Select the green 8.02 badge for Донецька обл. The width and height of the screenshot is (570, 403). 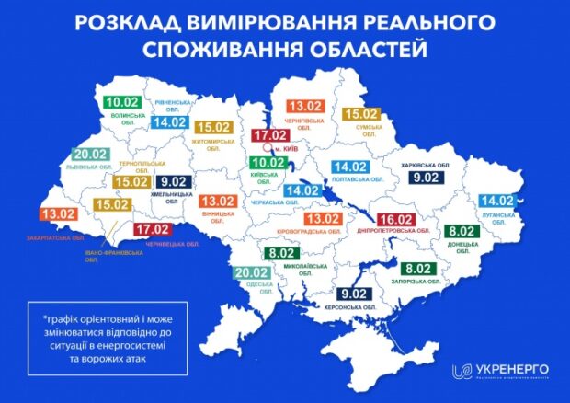click(x=460, y=231)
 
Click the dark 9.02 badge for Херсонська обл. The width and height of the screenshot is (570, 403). click(x=356, y=294)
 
